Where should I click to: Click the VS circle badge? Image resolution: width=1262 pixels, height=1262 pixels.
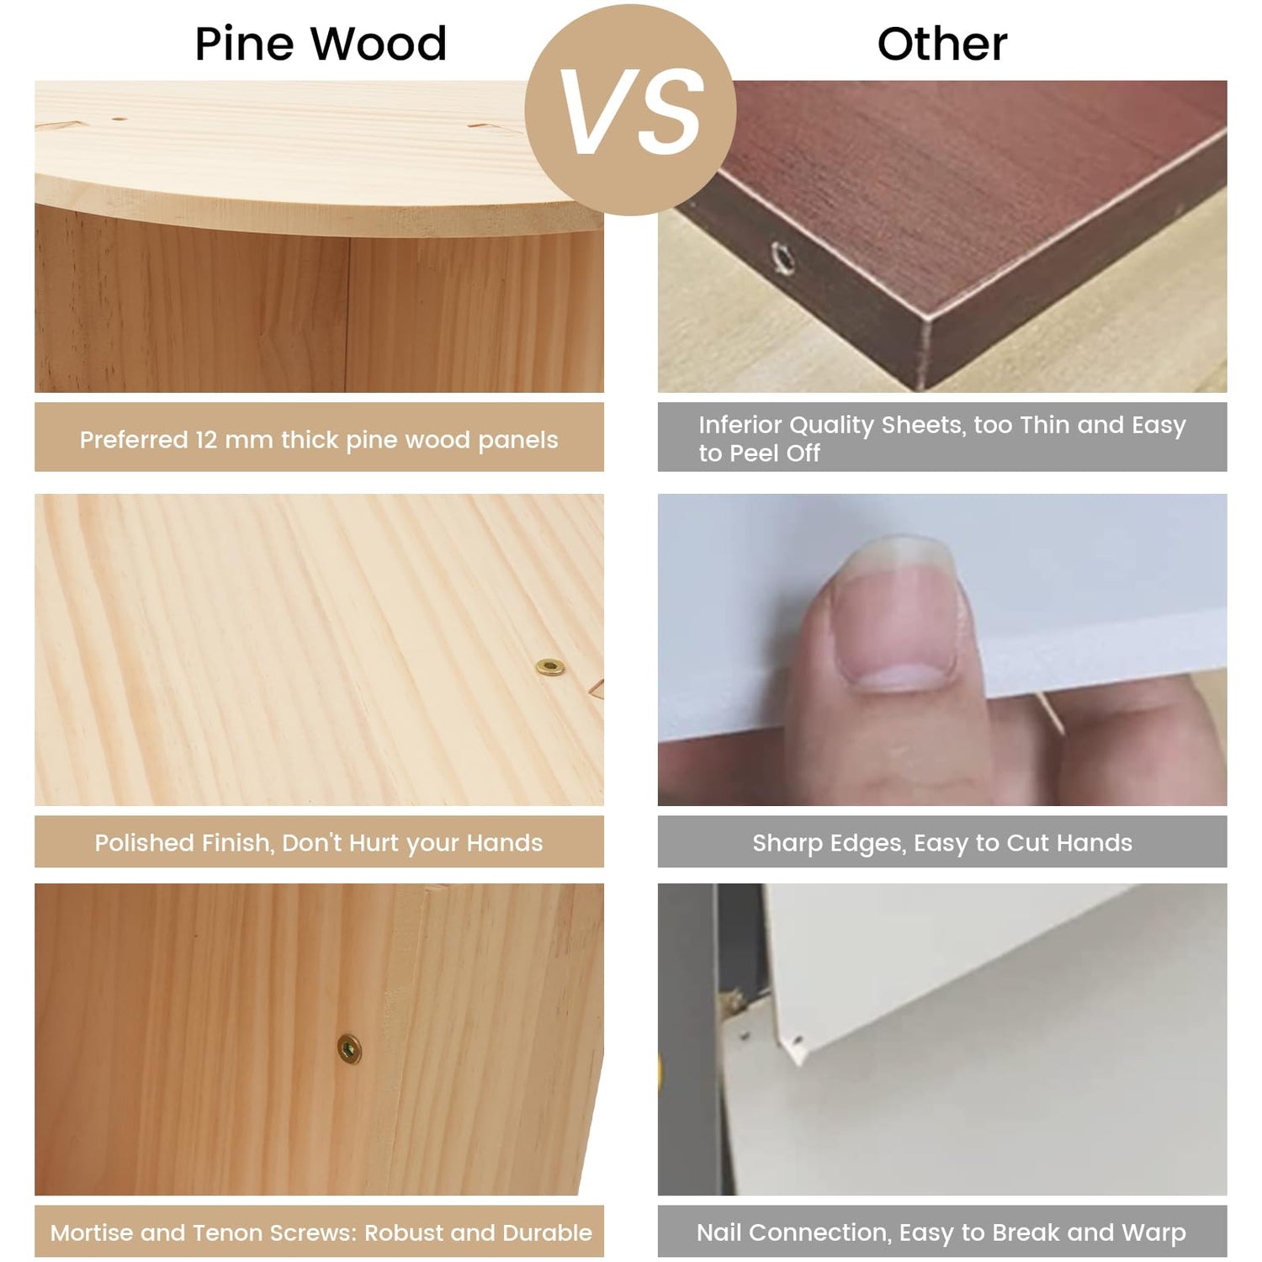[x=630, y=109]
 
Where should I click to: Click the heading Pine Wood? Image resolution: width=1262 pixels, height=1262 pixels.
[x=321, y=44]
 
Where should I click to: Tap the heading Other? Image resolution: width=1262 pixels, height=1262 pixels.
[x=942, y=44]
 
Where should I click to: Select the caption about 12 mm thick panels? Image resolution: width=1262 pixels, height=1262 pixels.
[x=319, y=439]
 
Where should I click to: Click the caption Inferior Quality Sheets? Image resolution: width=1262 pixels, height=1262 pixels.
[x=941, y=438]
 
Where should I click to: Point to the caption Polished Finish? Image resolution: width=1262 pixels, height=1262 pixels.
[x=319, y=842]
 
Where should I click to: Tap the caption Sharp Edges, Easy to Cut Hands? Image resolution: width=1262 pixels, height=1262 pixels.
[x=942, y=842]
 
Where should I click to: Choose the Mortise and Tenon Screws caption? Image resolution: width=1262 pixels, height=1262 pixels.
[x=321, y=1233]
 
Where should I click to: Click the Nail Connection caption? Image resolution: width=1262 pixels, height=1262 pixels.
[x=941, y=1233]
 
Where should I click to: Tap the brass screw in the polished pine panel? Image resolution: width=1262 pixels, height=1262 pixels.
[x=550, y=667]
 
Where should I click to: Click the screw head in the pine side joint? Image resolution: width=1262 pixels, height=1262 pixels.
[x=349, y=1049]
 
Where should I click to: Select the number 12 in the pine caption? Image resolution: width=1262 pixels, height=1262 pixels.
[x=206, y=439]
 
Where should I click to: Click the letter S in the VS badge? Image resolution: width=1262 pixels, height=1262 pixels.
[x=670, y=112]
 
